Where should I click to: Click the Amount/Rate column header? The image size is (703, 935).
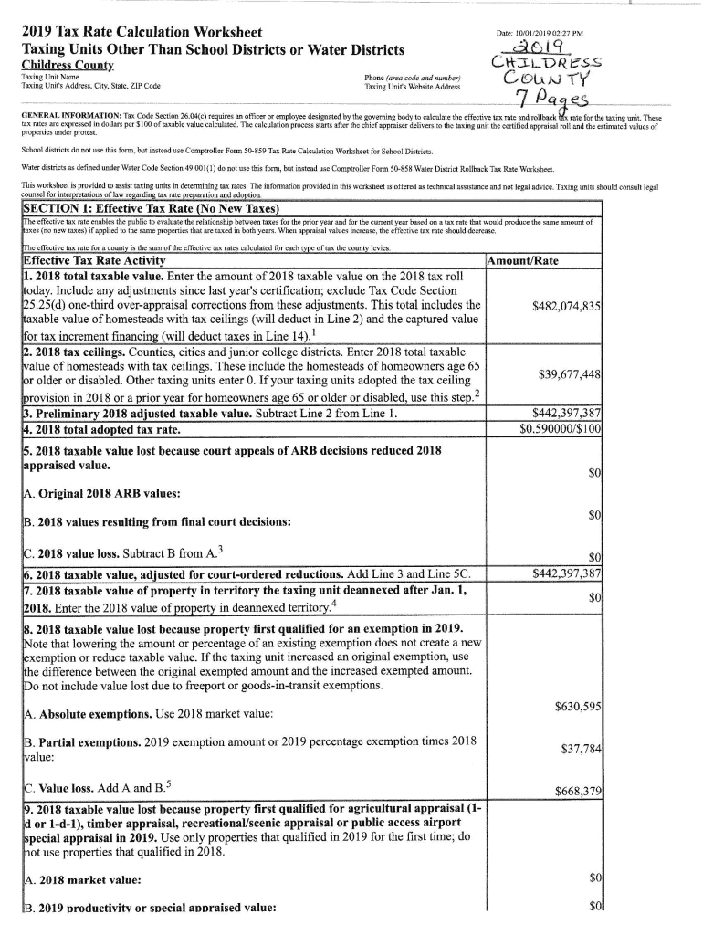point(523,262)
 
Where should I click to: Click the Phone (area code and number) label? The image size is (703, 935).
point(413,78)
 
